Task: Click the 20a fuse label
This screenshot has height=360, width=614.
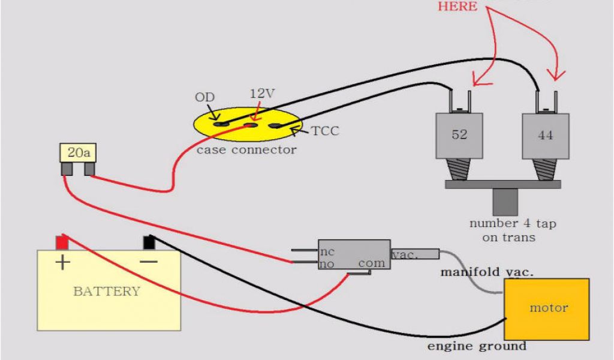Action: pyautogui.click(x=79, y=154)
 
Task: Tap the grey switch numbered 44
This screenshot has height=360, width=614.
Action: pyautogui.click(x=545, y=136)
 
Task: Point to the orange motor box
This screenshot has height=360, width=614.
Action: pyautogui.click(x=546, y=308)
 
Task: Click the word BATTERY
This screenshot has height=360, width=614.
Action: pyautogui.click(x=107, y=292)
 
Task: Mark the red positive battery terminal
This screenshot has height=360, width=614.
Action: pyautogui.click(x=62, y=242)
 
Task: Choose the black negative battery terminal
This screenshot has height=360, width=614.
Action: pyautogui.click(x=148, y=242)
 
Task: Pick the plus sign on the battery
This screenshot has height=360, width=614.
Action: pyautogui.click(x=62, y=263)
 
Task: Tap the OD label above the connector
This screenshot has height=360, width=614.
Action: pyautogui.click(x=204, y=97)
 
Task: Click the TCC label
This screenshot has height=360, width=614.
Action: pyautogui.click(x=324, y=131)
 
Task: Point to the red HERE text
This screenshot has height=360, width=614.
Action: pyautogui.click(x=458, y=7)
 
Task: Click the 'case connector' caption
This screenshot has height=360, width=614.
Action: pyautogui.click(x=246, y=149)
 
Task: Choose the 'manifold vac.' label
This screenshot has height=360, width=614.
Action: pyautogui.click(x=486, y=272)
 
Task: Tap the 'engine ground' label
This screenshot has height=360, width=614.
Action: pyautogui.click(x=477, y=346)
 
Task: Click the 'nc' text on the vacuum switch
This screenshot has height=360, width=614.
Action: pyautogui.click(x=327, y=251)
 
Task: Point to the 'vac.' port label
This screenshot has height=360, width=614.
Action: pyautogui.click(x=406, y=254)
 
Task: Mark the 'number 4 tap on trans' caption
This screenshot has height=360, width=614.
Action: pyautogui.click(x=512, y=230)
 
